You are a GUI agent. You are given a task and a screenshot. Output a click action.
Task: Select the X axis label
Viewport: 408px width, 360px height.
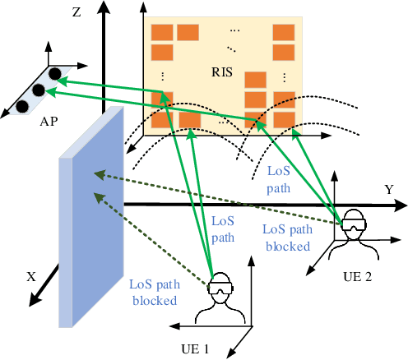tap(32, 277)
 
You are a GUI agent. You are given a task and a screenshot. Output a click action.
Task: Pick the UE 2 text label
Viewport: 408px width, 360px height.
tap(359, 278)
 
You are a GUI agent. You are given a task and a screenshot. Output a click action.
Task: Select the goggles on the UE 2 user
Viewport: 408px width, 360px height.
tap(353, 224)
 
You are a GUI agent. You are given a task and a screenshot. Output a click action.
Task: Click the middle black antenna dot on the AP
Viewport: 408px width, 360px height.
tap(37, 90)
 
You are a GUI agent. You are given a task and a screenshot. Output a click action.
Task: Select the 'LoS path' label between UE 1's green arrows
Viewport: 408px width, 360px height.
tap(224, 228)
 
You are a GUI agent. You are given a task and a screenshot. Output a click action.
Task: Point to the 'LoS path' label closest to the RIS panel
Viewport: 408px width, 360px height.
tap(279, 178)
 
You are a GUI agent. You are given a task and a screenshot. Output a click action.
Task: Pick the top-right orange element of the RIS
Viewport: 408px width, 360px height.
tap(284, 34)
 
